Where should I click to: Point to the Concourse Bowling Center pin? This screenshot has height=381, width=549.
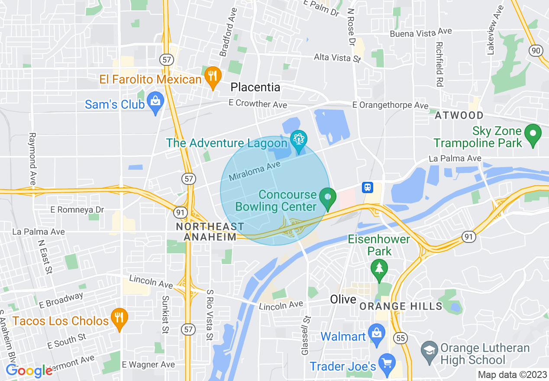(x=328, y=197)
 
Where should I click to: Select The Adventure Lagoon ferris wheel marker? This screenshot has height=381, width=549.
(x=298, y=140)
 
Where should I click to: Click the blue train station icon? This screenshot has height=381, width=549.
(x=368, y=187)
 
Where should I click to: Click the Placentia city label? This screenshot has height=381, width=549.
(x=255, y=87)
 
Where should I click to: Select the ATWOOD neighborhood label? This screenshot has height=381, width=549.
(x=459, y=115)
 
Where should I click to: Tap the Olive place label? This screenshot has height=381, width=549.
(x=343, y=299)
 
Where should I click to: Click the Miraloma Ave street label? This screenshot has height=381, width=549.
(x=255, y=171)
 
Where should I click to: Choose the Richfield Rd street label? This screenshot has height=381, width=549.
(x=439, y=64)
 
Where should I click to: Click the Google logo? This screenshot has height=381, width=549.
(x=29, y=371)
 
